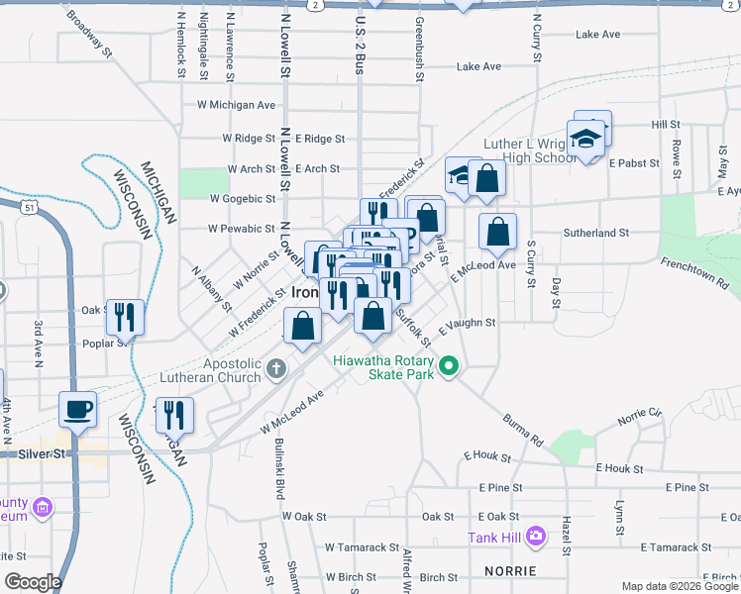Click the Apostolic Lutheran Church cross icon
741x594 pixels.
pos(275,369)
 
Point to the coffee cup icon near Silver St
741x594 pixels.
pos(78,408)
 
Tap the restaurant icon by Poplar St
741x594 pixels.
pos(125,317)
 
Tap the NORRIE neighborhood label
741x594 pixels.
pos(510,571)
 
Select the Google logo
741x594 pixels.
pos(32,582)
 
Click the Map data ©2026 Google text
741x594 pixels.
pos(680,586)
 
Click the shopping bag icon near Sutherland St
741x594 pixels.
pos(497,231)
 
